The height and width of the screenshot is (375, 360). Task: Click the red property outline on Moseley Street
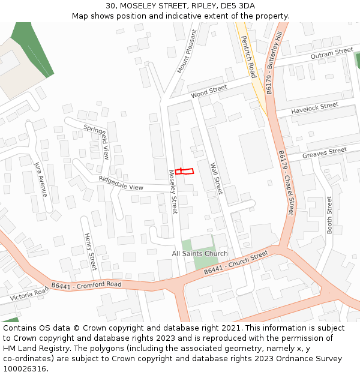(185, 172)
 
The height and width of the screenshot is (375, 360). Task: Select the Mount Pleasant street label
(187, 52)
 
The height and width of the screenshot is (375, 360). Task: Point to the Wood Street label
(209, 92)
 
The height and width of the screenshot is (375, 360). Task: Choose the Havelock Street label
(315, 109)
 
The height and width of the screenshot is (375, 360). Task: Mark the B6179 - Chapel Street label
(286, 182)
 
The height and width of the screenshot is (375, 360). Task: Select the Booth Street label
(329, 215)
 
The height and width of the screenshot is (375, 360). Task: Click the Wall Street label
(216, 178)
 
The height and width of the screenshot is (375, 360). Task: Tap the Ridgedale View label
(121, 184)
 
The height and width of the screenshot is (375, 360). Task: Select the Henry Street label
(90, 252)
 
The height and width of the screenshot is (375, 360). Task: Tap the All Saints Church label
(200, 254)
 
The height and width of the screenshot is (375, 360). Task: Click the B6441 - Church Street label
(236, 263)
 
